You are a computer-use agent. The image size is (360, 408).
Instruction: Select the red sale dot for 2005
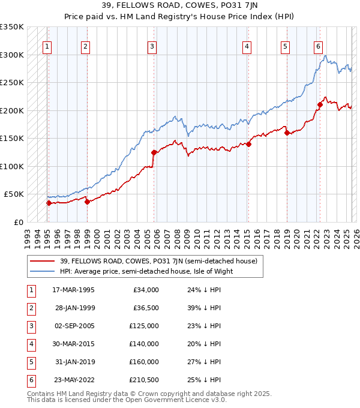tap(154, 152)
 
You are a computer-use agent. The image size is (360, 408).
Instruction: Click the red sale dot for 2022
tap(320, 104)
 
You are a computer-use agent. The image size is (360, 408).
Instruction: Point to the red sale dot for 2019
tap(287, 133)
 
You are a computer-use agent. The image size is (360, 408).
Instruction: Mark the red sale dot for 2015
tap(248, 143)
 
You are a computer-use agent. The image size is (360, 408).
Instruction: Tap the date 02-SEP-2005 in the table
tap(74, 326)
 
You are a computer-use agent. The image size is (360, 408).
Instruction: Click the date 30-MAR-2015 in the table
tap(74, 344)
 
